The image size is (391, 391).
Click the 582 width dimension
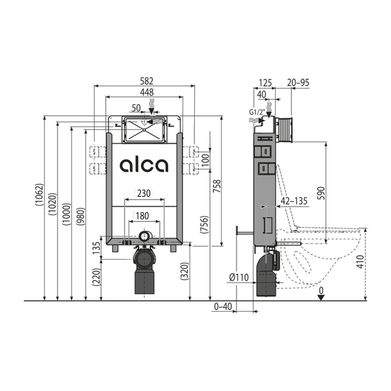pyautogui.click(x=146, y=81)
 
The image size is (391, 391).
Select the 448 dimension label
pyautogui.click(x=147, y=92)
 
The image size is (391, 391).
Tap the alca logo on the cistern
pyautogui.click(x=144, y=165)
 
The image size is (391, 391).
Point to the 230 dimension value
pyautogui.click(x=144, y=193)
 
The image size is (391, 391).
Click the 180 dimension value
pyautogui.click(x=142, y=216)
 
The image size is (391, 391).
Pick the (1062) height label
pyautogui.click(x=40, y=195)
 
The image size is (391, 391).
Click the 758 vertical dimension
pyautogui.click(x=217, y=186)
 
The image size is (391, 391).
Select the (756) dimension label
pyautogui.click(x=204, y=225)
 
